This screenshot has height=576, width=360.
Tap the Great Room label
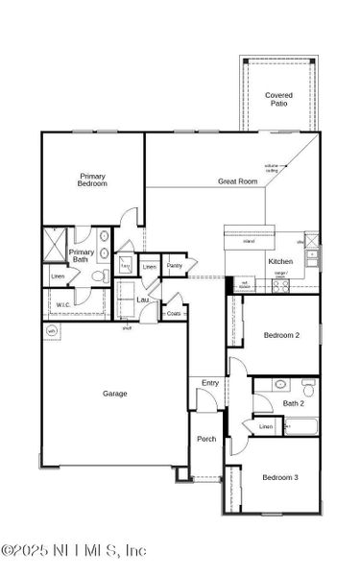238,180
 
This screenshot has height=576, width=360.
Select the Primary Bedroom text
93,180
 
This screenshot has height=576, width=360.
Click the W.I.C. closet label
63,305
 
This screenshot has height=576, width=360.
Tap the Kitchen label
253,261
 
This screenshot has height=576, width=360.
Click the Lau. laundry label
142,300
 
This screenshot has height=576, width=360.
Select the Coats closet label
174,313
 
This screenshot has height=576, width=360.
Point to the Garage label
115,393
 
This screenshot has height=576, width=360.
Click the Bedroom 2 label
281,334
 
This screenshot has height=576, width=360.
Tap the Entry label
209,383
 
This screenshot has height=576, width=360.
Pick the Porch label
206,439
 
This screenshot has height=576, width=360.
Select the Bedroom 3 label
280,477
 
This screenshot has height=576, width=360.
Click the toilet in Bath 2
308,388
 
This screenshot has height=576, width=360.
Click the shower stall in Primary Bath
56,239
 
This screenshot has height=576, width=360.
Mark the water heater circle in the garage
51,331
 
